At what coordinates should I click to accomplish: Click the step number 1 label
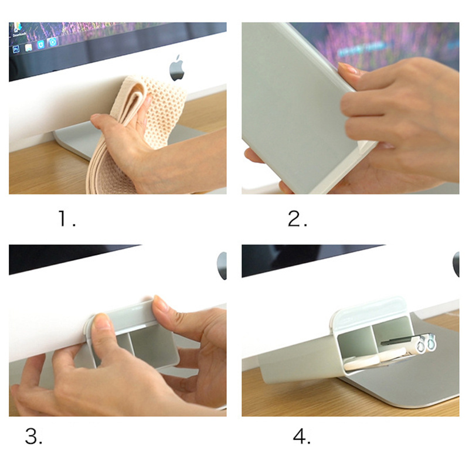pyautogui.click(x=66, y=218)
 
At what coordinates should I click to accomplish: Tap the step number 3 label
pyautogui.click(x=33, y=436)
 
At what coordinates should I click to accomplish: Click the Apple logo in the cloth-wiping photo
pyautogui.click(x=177, y=68)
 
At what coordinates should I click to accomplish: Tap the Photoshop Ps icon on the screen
pyautogui.click(x=16, y=49)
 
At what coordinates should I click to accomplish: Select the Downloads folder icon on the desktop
pyautogui.click(x=18, y=28)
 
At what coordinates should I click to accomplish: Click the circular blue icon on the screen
pyautogui.click(x=53, y=42)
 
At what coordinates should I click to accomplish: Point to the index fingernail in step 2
pyautogui.click(x=348, y=69)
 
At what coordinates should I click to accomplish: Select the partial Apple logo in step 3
pyautogui.click(x=222, y=266)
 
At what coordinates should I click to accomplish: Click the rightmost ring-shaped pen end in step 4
pyautogui.click(x=431, y=342)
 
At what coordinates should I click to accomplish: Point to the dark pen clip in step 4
pyautogui.click(x=395, y=341)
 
